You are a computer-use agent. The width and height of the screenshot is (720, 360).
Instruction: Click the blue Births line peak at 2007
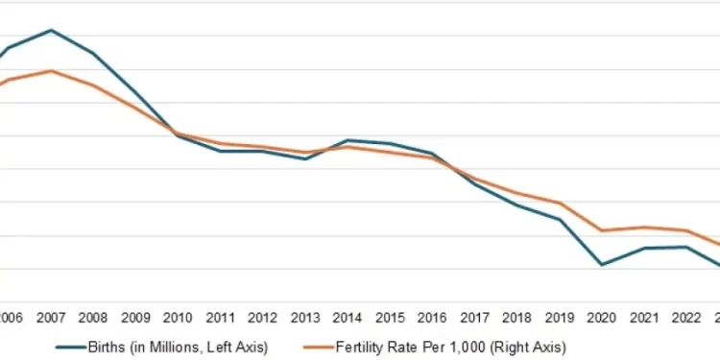coord(51,30)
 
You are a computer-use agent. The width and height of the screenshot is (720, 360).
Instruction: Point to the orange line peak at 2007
coord(51,71)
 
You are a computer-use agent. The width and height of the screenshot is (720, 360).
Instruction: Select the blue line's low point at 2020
coord(602,264)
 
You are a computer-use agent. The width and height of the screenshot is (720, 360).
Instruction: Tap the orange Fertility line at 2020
coord(602,230)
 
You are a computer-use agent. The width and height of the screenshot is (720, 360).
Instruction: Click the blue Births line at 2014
coord(348,140)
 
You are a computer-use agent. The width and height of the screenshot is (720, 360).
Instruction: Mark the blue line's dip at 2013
coord(305,158)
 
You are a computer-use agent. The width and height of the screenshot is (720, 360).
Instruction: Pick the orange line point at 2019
coord(560,204)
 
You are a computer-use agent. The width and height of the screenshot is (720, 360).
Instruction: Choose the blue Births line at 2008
coord(93,53)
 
